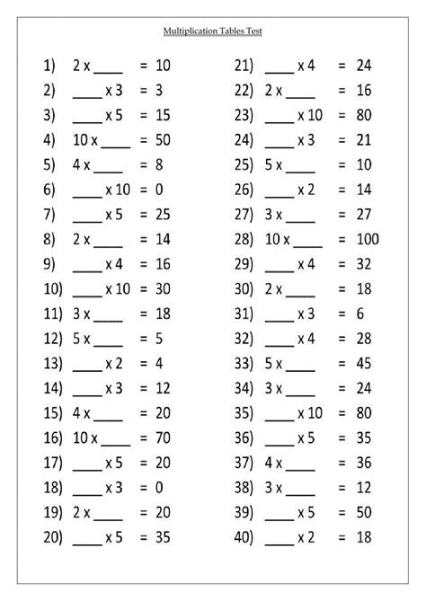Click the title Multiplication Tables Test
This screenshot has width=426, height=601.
click(x=212, y=31)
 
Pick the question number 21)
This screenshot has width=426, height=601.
click(x=244, y=66)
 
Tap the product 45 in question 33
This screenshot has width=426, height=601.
click(x=363, y=366)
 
